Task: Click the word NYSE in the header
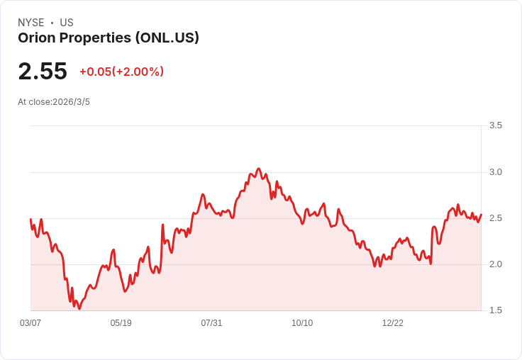[x=32, y=23]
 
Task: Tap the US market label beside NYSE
[x=67, y=23]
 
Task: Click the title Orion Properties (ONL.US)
[x=109, y=38]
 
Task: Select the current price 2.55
[x=43, y=72]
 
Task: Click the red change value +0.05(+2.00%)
[x=121, y=72]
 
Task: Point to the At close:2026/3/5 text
[x=54, y=102]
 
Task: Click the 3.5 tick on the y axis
[x=496, y=125]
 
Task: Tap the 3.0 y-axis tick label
[x=496, y=172]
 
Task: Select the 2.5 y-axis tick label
[x=496, y=218]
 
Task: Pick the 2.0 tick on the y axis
[x=496, y=264]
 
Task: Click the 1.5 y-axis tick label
[x=496, y=310]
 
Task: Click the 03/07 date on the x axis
[x=30, y=323]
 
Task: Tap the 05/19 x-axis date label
[x=121, y=323]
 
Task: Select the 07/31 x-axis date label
[x=211, y=323]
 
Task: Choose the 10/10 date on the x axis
[x=302, y=323]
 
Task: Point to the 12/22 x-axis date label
[x=393, y=323]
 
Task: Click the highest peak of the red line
[x=258, y=169]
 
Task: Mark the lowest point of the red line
[x=79, y=308]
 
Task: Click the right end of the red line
[x=481, y=215]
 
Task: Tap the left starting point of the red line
[x=30, y=220]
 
